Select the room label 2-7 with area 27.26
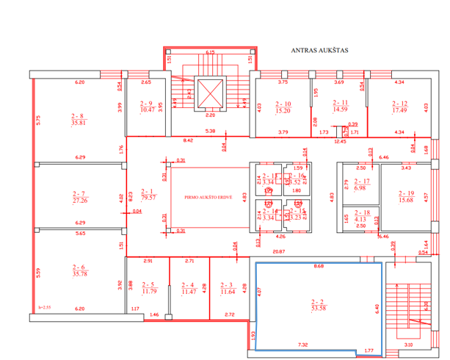tap(79, 196)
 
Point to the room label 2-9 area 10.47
tap(147, 107)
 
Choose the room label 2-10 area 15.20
tap(284, 107)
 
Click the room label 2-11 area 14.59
tap(340, 106)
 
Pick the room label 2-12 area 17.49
tap(399, 107)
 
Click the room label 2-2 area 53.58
tap(318, 305)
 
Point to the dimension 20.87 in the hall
tap(277, 253)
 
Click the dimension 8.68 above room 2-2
tap(317, 266)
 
